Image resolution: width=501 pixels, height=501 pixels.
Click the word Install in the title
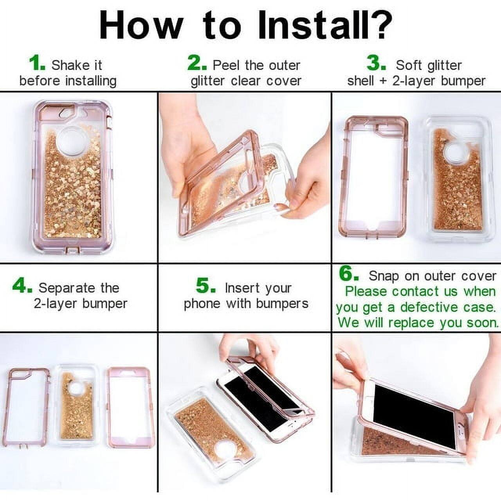point(313,25)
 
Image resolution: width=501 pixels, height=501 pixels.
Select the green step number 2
point(197,63)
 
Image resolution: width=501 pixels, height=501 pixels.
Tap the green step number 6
point(348,274)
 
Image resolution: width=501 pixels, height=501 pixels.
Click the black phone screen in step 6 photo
point(415,411)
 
